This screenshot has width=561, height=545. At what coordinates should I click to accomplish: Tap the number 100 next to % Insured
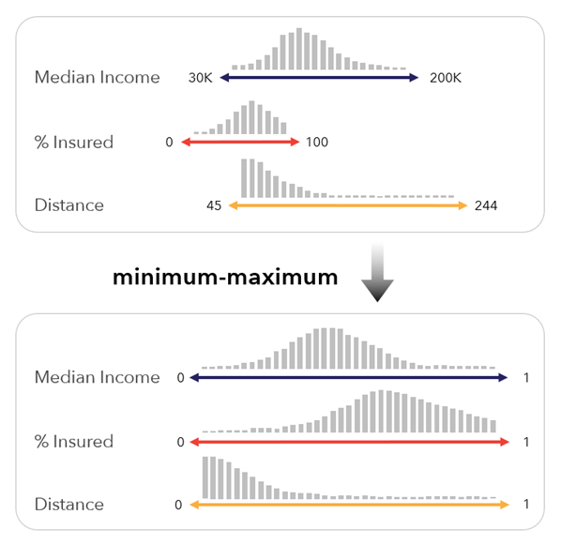tap(315, 143)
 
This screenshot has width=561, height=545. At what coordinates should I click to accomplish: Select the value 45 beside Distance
tap(212, 205)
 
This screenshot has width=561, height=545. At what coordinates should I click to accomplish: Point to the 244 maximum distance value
tap(486, 205)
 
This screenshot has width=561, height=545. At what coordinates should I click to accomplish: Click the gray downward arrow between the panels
tap(375, 273)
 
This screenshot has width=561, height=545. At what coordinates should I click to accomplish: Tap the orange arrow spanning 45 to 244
tap(346, 204)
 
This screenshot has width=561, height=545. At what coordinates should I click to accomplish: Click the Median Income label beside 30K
tap(97, 78)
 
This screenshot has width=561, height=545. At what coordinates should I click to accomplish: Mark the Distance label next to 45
tap(68, 205)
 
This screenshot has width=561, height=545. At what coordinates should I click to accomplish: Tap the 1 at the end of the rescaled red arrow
tap(527, 441)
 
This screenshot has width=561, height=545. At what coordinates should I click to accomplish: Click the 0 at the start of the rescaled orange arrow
tap(178, 505)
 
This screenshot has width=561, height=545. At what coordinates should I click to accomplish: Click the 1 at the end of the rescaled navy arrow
tap(527, 377)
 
